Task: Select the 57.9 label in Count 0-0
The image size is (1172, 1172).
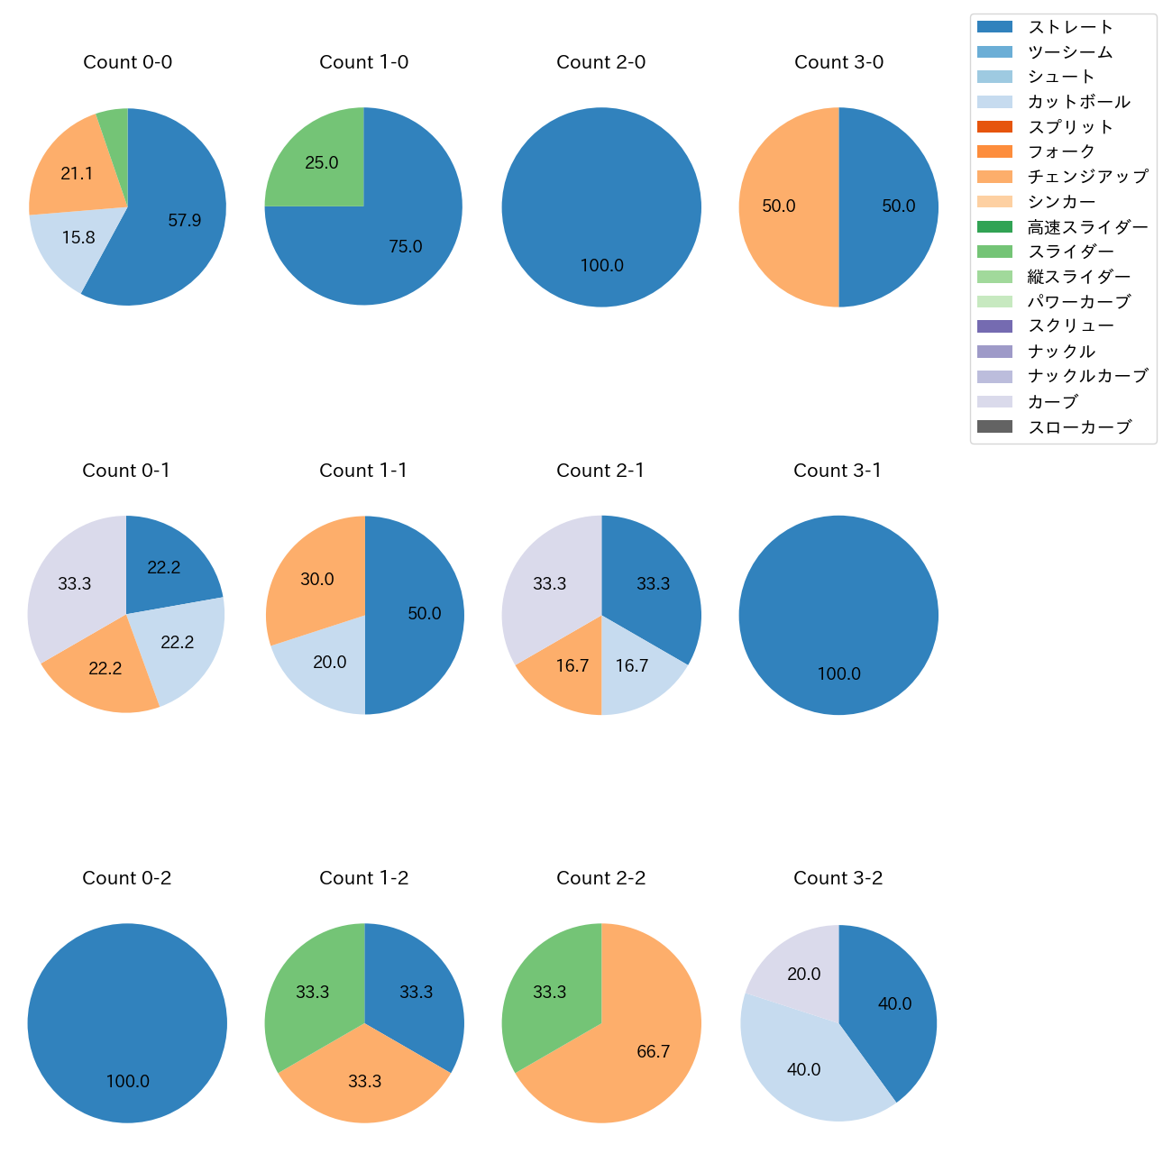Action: pos(184,220)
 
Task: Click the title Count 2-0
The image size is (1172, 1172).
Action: pos(600,62)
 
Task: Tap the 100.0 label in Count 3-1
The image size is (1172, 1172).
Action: pos(838,673)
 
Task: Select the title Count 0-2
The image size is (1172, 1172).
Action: pos(126,878)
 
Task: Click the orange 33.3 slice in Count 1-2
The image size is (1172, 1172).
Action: pos(364,1081)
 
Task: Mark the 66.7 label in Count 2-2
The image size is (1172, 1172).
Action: pos(653,1051)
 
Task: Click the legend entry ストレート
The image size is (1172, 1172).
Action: pos(1070,27)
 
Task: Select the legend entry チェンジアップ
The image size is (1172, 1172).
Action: pos(1087,177)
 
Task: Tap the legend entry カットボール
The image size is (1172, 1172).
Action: pos(1078,102)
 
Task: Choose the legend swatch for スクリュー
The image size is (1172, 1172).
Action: pos(994,326)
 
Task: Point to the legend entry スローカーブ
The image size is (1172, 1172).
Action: pos(1079,426)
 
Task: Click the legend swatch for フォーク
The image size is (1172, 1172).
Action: pos(994,151)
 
